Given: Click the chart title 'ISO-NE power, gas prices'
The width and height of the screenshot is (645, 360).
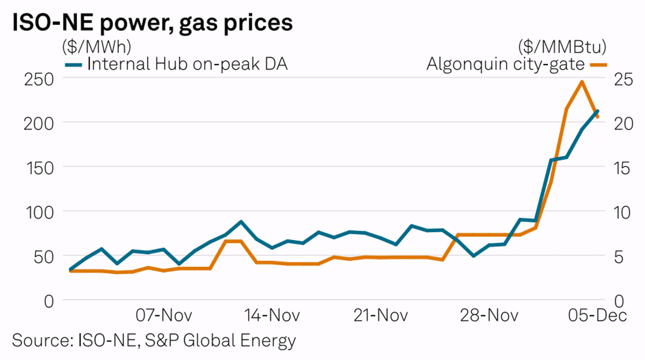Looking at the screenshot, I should [x=152, y=23].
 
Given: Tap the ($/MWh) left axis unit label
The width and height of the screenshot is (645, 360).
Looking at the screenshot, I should [x=97, y=46].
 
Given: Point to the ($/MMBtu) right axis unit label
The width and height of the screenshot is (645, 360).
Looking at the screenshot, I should [x=562, y=46].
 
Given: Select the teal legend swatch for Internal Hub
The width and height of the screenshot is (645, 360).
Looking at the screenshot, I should [x=73, y=65].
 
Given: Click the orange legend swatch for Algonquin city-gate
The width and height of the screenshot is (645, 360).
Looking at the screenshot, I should [x=598, y=65].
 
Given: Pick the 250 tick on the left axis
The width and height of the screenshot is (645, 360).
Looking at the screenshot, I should [x=39, y=79].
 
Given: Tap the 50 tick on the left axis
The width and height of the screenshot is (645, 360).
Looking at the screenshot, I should [x=43, y=257].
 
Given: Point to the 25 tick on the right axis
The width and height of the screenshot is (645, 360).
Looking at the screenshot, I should [x=623, y=79].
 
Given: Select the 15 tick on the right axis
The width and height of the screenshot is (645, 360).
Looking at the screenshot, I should [x=622, y=168].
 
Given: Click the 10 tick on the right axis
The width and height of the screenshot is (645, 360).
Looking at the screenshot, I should [x=622, y=213].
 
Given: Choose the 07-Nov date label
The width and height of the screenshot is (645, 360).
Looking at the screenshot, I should [x=164, y=315].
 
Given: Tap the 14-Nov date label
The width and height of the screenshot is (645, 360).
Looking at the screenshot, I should [x=272, y=315].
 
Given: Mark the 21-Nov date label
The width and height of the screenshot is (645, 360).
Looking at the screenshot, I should [x=381, y=315].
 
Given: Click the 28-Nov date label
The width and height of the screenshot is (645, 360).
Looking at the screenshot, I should [x=489, y=315].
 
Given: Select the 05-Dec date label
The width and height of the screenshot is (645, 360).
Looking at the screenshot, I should [x=597, y=315].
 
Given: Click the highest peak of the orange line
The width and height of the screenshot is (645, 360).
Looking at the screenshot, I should [x=582, y=82].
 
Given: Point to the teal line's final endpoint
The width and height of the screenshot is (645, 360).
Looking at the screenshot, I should [x=597, y=111].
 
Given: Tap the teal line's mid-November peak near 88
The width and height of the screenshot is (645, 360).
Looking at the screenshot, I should [x=241, y=222].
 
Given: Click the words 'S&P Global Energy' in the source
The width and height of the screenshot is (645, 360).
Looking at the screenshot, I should [x=220, y=340].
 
